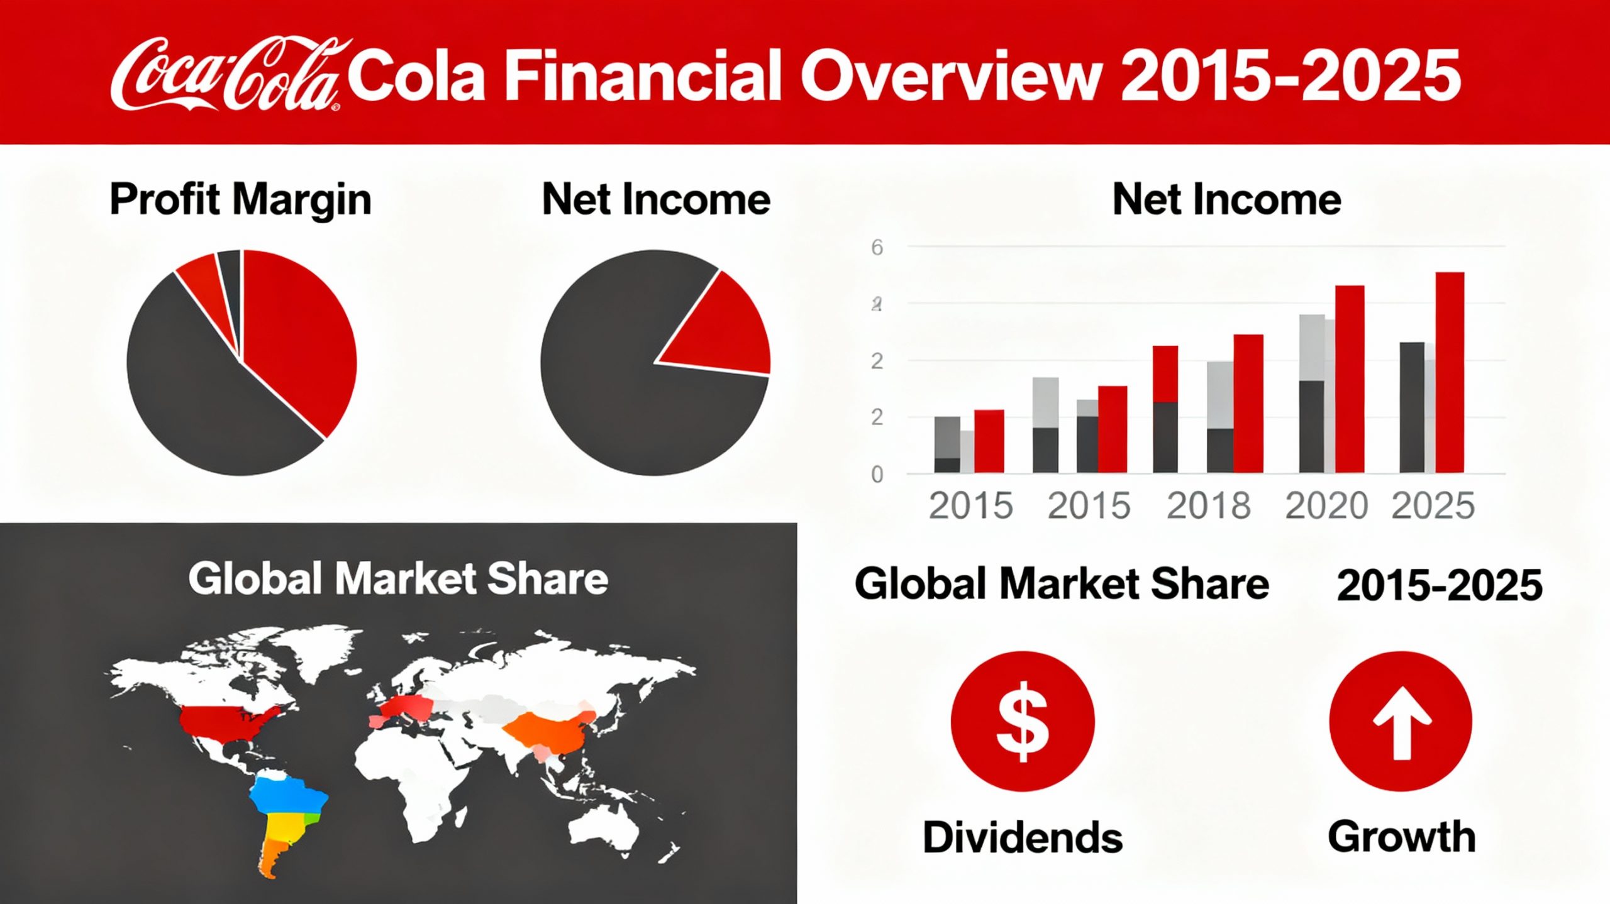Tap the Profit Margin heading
click(240, 200)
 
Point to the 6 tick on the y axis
click(877, 248)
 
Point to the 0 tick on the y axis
click(877, 475)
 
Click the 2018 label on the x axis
click(1209, 506)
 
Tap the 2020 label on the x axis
click(1327, 506)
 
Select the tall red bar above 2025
click(1450, 372)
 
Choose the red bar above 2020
click(1350, 379)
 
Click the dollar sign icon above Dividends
click(1023, 721)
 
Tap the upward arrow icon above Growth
click(1401, 721)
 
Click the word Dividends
click(1023, 837)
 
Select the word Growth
click(1402, 837)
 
